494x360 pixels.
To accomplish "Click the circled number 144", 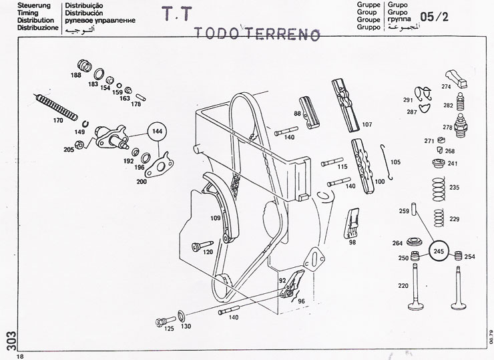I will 158,132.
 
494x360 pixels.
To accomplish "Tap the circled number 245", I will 439,251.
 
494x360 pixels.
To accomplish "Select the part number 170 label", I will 57,121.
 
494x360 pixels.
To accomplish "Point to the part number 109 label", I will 215,218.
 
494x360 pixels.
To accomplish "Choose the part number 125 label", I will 170,329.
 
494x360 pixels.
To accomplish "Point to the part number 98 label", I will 352,242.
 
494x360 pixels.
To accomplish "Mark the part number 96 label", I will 301,301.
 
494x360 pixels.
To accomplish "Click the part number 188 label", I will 75,75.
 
